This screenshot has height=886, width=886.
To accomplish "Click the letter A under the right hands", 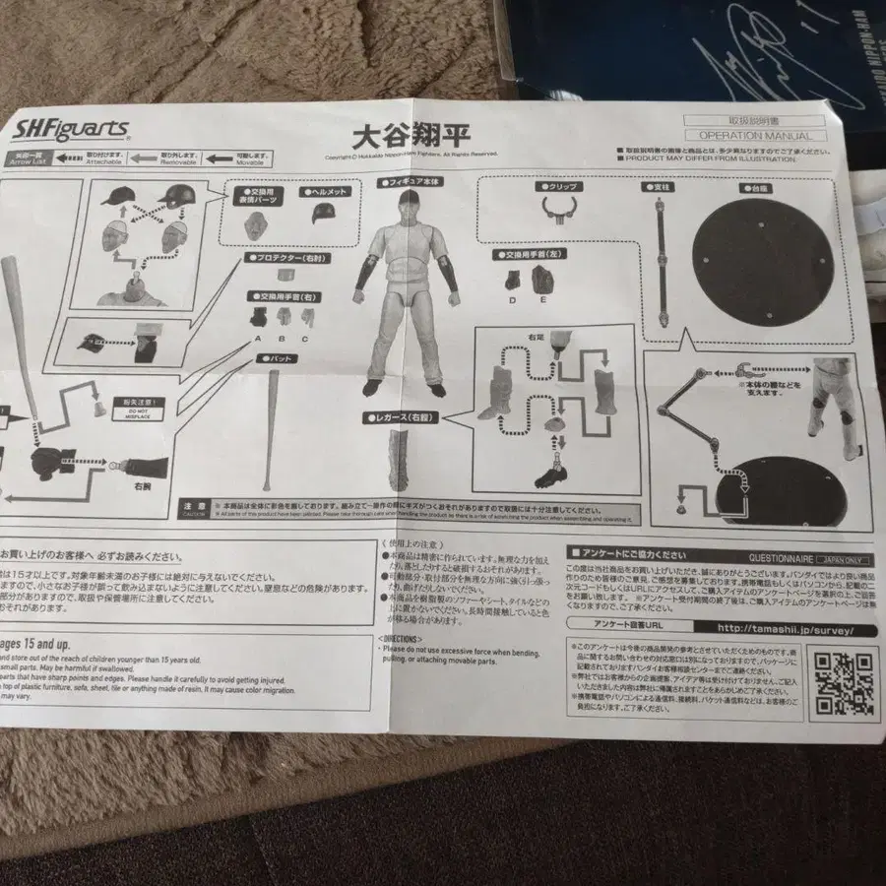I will point(258,340).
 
